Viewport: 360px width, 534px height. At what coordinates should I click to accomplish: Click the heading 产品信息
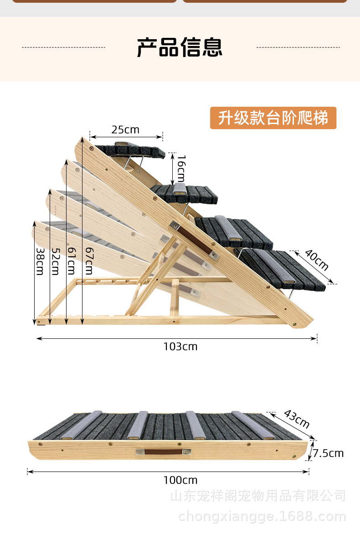click(180, 47)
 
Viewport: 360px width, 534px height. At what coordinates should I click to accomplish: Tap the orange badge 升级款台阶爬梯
click(273, 118)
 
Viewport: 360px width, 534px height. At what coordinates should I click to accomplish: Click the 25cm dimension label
click(125, 130)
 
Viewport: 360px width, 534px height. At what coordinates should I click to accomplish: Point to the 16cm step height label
click(181, 169)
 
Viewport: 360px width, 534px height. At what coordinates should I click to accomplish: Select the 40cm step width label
click(316, 260)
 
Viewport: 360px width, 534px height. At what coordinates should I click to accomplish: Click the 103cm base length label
click(180, 347)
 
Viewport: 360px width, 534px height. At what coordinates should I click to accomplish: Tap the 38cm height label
click(41, 261)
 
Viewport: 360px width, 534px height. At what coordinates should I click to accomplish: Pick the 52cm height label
click(56, 261)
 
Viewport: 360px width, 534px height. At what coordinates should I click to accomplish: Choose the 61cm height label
click(72, 261)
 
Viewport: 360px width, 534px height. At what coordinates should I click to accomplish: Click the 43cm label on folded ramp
click(297, 419)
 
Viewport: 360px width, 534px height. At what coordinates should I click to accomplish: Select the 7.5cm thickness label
click(328, 453)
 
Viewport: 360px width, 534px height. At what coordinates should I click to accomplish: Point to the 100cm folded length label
click(180, 480)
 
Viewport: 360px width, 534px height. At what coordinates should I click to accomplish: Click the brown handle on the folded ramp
click(163, 452)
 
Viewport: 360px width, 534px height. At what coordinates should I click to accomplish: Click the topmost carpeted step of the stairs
click(130, 150)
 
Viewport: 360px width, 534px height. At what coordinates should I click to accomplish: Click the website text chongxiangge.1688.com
click(262, 517)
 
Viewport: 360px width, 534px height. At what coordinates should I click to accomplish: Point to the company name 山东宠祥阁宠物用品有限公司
click(258, 496)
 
